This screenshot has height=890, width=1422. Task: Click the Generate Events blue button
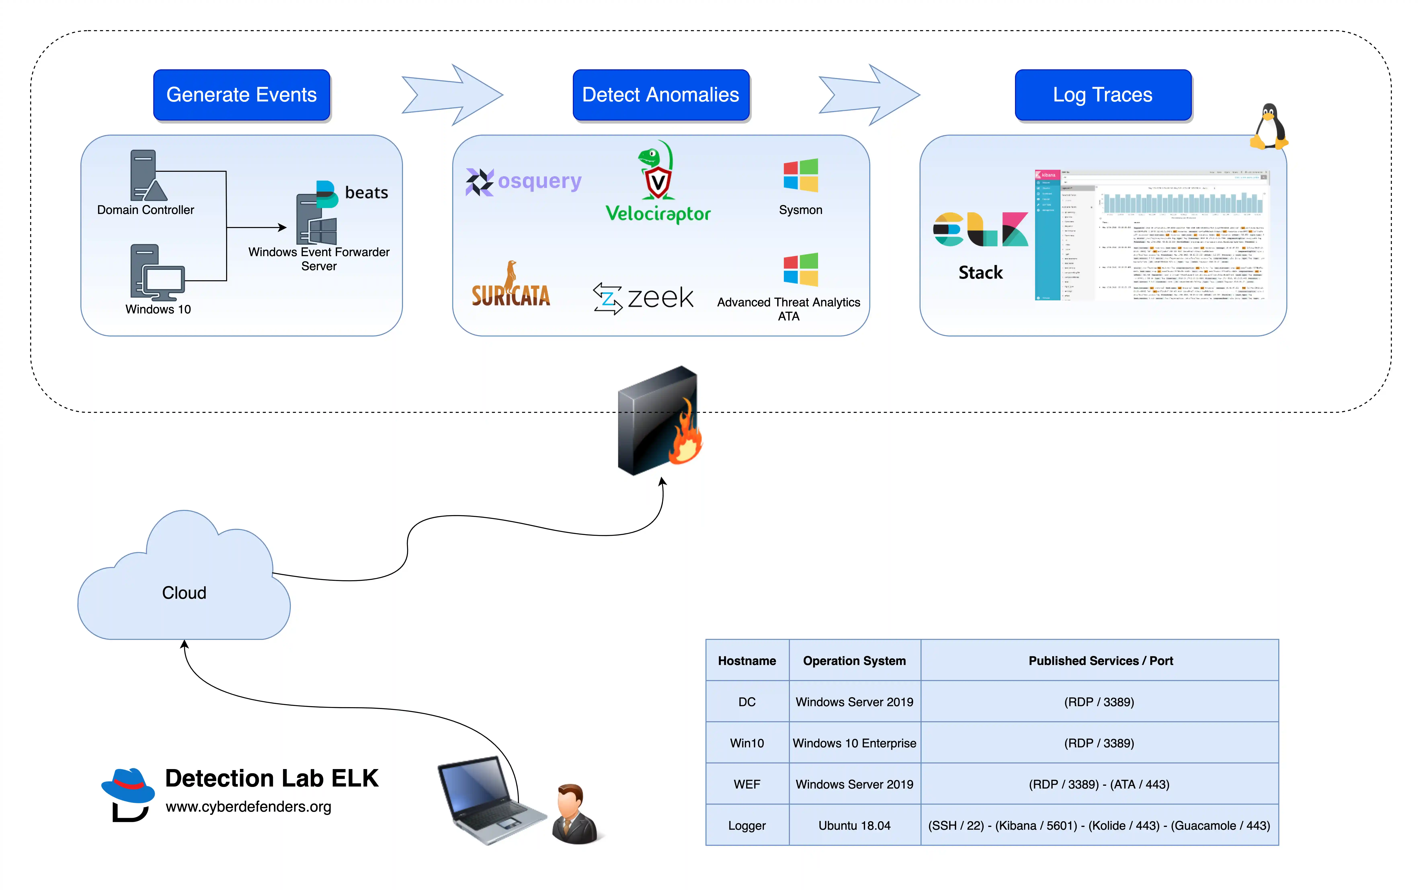tap(241, 95)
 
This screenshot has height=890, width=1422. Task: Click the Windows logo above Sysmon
tap(800, 175)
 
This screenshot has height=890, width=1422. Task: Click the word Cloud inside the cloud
tap(184, 593)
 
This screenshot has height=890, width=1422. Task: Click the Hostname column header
tap(747, 660)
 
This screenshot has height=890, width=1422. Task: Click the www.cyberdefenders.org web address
tap(248, 806)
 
